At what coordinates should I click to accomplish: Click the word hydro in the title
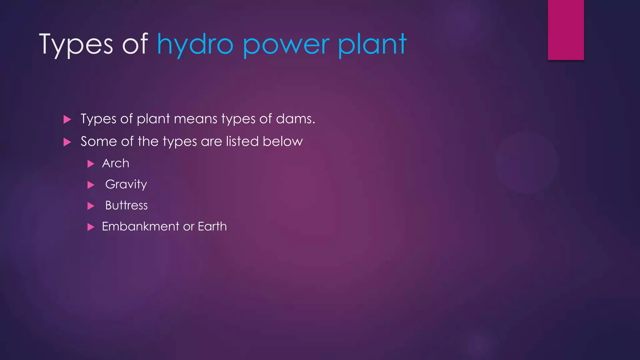(195, 44)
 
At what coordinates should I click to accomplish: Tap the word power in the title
(286, 46)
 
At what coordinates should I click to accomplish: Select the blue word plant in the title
(372, 44)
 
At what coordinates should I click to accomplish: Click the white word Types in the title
(76, 44)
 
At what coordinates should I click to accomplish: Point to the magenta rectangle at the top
(566, 30)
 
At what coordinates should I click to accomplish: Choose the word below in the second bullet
(282, 141)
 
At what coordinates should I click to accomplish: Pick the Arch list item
(116, 163)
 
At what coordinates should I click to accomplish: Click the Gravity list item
(126, 184)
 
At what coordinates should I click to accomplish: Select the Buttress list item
(126, 205)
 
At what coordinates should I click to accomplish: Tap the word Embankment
(141, 226)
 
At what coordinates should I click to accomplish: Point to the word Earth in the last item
(212, 226)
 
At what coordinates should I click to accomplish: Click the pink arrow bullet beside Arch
(91, 164)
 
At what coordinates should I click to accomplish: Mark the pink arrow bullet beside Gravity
(91, 185)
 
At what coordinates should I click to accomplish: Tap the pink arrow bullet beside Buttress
(91, 206)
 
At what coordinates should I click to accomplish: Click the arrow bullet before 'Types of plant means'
(67, 119)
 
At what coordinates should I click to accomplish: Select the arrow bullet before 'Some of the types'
(67, 142)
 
